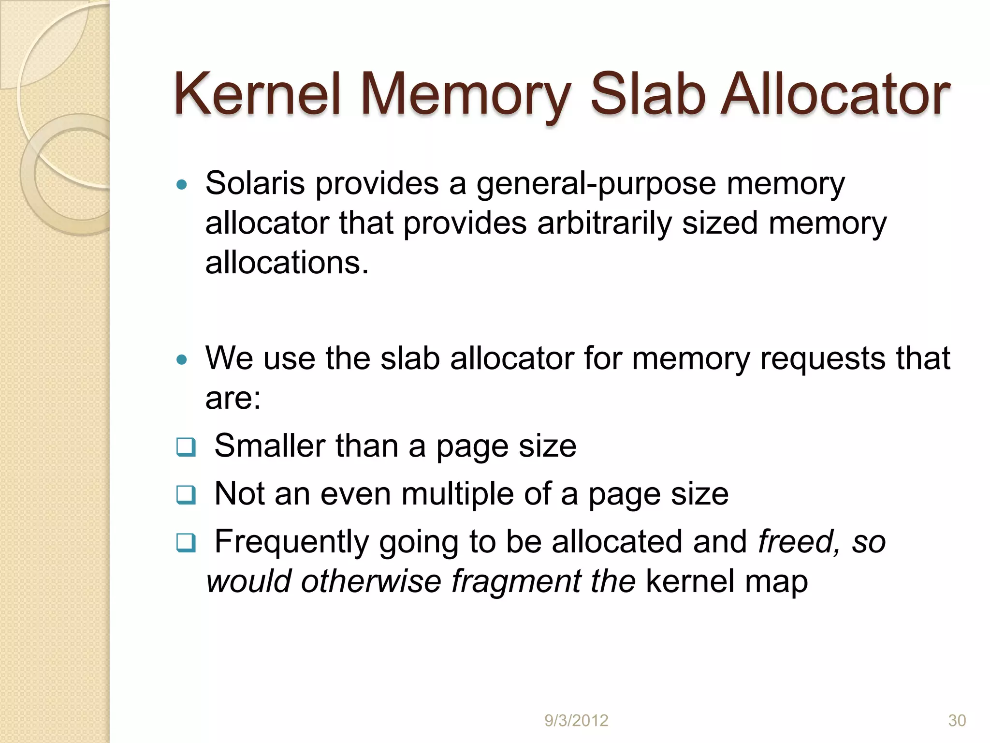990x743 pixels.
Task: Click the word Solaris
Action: point(255,184)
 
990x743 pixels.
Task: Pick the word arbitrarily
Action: point(604,224)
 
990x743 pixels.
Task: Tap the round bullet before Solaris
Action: point(182,184)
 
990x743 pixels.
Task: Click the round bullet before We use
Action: point(182,359)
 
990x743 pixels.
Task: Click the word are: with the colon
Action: point(233,399)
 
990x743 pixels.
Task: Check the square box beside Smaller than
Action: point(186,447)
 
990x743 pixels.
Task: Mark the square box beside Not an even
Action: point(186,495)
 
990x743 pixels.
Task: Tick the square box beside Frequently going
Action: point(186,543)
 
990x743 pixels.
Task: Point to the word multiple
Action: point(457,494)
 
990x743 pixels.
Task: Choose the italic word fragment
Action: point(516,581)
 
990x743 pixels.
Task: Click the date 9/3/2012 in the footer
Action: point(576,721)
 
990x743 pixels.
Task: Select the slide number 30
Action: point(957,721)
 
